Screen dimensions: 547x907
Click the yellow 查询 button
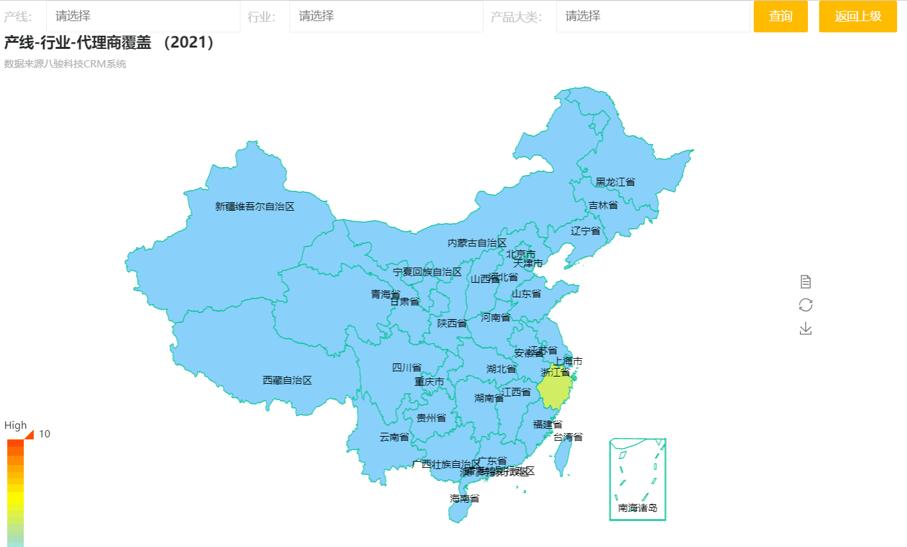pyautogui.click(x=781, y=17)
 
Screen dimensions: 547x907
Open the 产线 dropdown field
pyautogui.click(x=143, y=17)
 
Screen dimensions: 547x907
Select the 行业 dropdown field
pyautogui.click(x=386, y=17)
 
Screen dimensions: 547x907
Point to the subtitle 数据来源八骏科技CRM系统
pyautogui.click(x=65, y=64)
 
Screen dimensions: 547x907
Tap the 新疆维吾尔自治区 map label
pyautogui.click(x=255, y=206)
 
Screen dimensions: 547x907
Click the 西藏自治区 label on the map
pyautogui.click(x=287, y=380)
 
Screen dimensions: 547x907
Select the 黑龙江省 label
pyautogui.click(x=615, y=182)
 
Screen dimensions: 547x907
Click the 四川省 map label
pyautogui.click(x=407, y=367)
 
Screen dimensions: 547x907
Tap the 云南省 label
pyautogui.click(x=394, y=437)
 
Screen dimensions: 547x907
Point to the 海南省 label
pyautogui.click(x=465, y=498)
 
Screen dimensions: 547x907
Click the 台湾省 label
pyautogui.click(x=568, y=437)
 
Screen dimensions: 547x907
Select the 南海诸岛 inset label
pyautogui.click(x=637, y=508)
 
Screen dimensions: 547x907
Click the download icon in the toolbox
pyautogui.click(x=805, y=328)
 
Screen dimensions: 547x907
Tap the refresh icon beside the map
pyautogui.click(x=805, y=305)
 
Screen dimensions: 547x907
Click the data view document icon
pyautogui.click(x=805, y=282)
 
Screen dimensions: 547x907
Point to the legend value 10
pyautogui.click(x=44, y=434)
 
